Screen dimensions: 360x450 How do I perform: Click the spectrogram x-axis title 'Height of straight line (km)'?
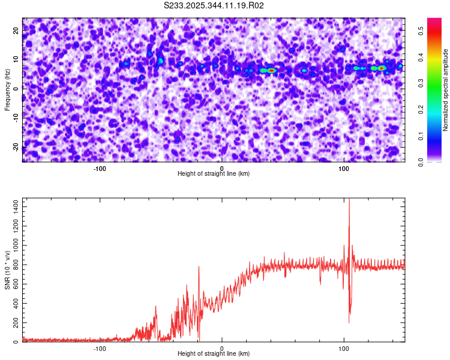coord(214,173)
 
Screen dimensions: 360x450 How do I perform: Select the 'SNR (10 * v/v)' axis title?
coord(7,270)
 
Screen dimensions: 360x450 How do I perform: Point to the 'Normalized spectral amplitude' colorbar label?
coord(446,90)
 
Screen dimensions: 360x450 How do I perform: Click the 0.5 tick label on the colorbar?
coord(421,31)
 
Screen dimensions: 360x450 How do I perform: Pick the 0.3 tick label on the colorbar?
coord(421,83)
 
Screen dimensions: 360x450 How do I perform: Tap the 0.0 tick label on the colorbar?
coord(421,161)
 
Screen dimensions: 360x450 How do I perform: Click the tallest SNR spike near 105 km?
coord(349,201)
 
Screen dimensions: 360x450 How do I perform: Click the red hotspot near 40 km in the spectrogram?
coord(271,70)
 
